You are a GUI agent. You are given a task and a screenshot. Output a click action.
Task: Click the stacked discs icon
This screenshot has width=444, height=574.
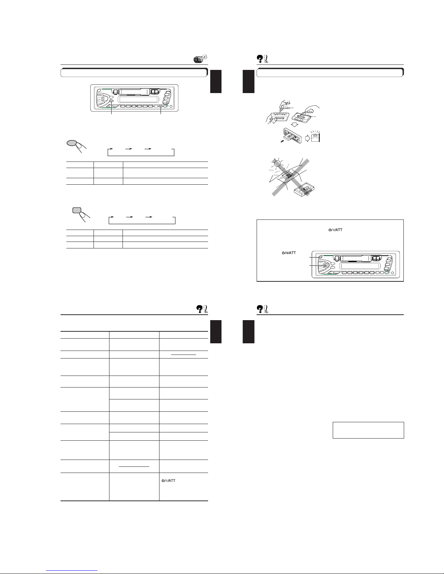200,59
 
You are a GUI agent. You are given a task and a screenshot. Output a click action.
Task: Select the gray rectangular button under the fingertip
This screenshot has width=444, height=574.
76,210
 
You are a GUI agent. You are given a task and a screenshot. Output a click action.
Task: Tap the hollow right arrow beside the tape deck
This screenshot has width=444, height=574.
307,138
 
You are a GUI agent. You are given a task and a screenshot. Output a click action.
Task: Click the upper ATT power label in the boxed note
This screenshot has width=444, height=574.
335,230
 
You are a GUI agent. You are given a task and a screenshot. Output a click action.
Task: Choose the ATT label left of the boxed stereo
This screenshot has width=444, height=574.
289,253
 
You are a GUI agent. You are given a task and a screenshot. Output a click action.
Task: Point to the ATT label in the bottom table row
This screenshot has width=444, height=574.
168,481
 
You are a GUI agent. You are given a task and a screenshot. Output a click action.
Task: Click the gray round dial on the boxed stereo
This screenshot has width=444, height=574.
325,265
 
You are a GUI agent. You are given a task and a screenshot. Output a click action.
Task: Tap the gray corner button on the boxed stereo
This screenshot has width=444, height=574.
320,257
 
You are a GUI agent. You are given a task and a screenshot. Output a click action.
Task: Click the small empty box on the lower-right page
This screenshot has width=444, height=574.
368,430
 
